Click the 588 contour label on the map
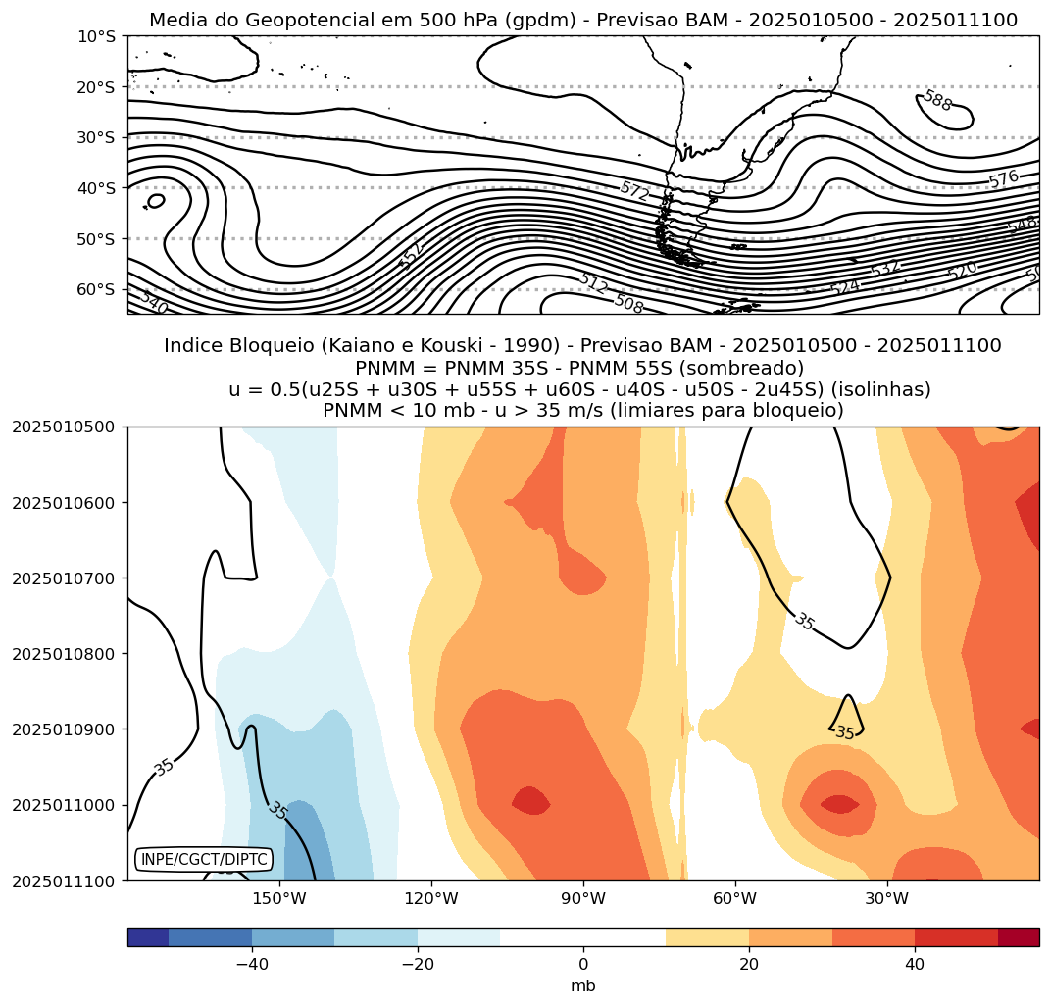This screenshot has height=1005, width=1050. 937,100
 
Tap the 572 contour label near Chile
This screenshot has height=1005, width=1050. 634,192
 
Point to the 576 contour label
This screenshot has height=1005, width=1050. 1003,179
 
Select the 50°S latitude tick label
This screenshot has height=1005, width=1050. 96,238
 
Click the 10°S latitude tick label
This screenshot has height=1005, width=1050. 96,36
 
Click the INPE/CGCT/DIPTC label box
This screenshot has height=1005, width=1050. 204,860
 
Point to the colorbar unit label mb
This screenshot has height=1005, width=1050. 583,985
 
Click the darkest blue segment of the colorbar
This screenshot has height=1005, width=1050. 148,937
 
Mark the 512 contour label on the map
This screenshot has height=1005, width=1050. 592,283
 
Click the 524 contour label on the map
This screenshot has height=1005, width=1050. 844,287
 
